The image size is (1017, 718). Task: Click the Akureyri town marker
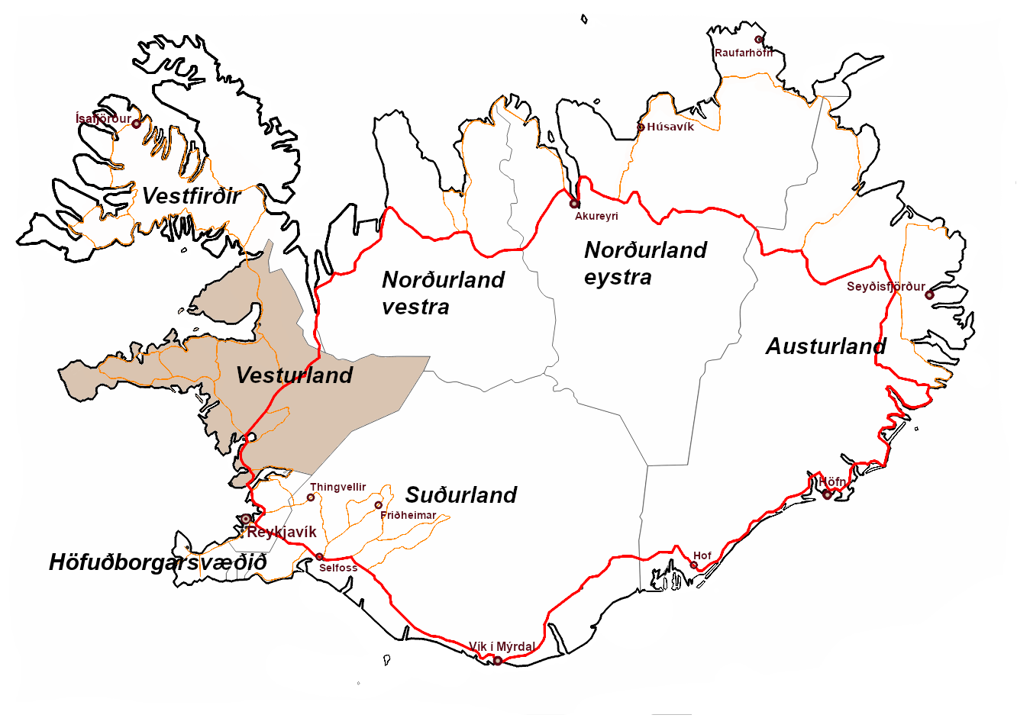[574, 204]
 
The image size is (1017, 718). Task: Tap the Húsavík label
[670, 127]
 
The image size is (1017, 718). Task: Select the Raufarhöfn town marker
[758, 40]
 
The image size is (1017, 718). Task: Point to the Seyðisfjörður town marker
[929, 295]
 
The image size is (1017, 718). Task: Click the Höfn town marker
[827, 495]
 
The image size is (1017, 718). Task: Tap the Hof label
[702, 555]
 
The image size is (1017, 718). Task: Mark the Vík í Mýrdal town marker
[498, 661]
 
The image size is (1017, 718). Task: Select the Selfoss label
[338, 568]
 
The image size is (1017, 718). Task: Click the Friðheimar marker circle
[378, 505]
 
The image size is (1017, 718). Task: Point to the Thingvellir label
[337, 487]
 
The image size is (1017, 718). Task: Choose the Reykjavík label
[281, 532]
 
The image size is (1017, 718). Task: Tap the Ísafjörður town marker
[137, 124]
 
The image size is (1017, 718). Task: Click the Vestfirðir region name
[192, 196]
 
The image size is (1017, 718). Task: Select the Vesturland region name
[294, 375]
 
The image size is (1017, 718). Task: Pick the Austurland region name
[825, 346]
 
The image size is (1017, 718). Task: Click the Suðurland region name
[460, 495]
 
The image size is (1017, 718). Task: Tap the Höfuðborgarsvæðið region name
[158, 563]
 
